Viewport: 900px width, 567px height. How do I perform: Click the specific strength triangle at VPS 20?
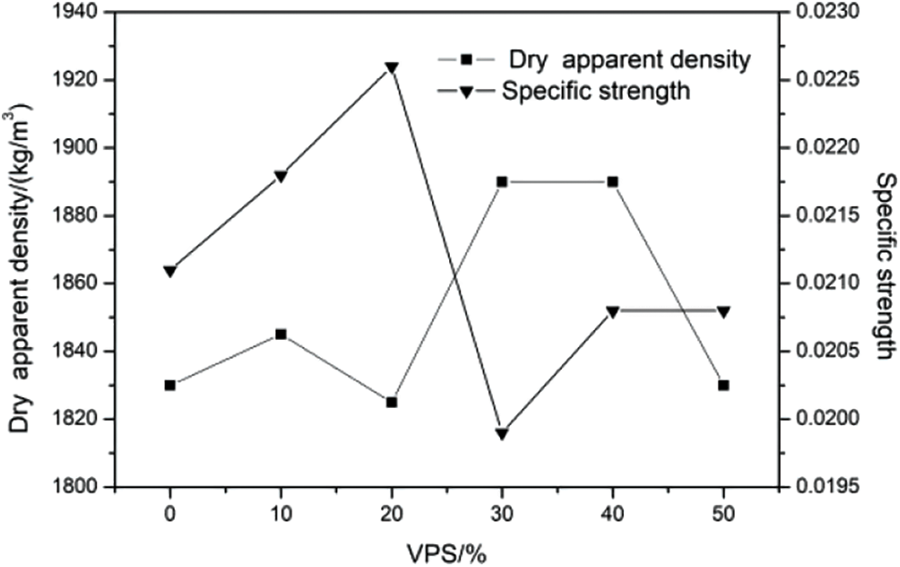click(392, 68)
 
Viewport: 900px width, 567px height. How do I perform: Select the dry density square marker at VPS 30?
click(502, 182)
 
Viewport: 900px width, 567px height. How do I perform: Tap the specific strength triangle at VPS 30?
click(502, 433)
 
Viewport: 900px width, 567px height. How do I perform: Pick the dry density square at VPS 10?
click(281, 334)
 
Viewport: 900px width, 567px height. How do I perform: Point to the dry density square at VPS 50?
click(724, 385)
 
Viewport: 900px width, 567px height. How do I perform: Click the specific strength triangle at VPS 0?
click(170, 271)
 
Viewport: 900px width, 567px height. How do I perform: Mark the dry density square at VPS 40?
click(613, 182)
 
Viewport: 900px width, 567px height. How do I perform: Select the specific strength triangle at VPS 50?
click(724, 312)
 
